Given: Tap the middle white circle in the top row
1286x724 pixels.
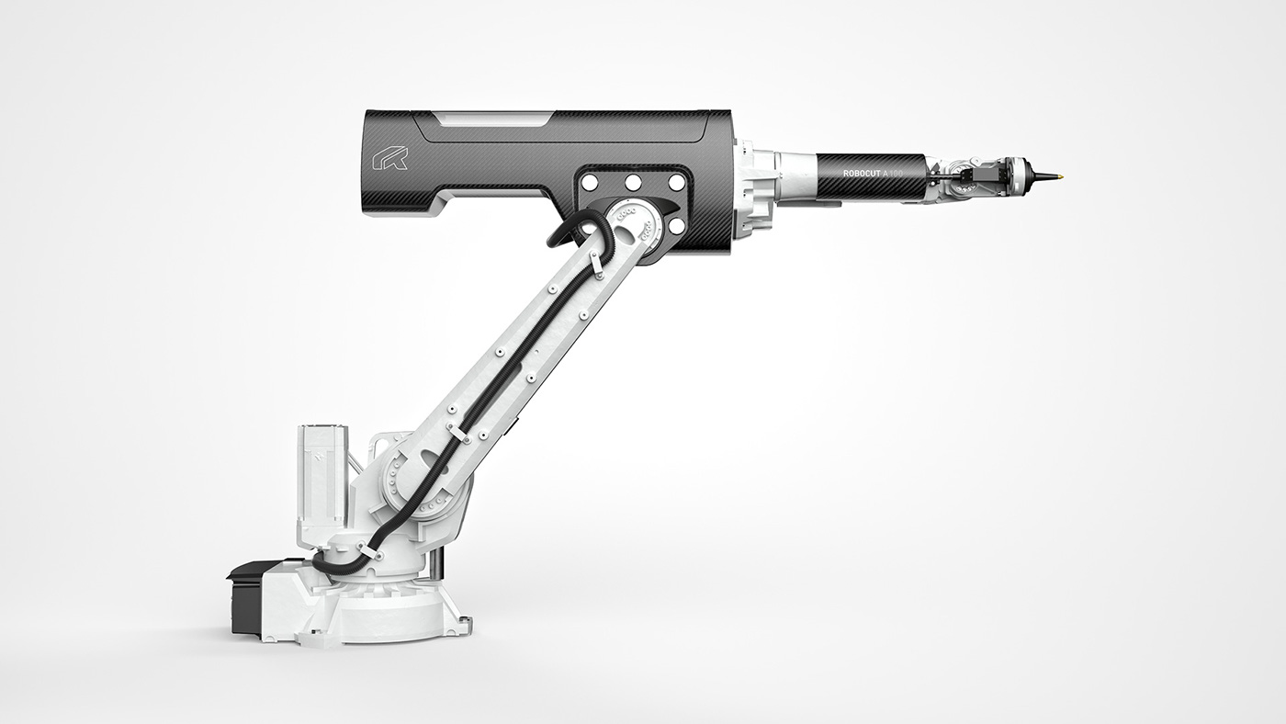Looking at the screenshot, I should pos(634,182).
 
